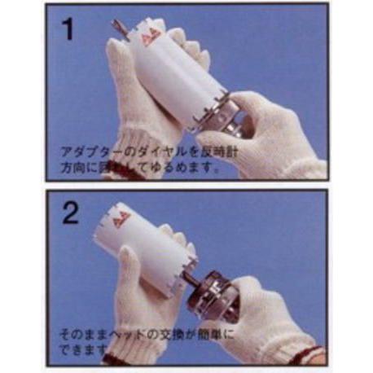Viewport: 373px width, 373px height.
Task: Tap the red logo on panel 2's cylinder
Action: [122, 219]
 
